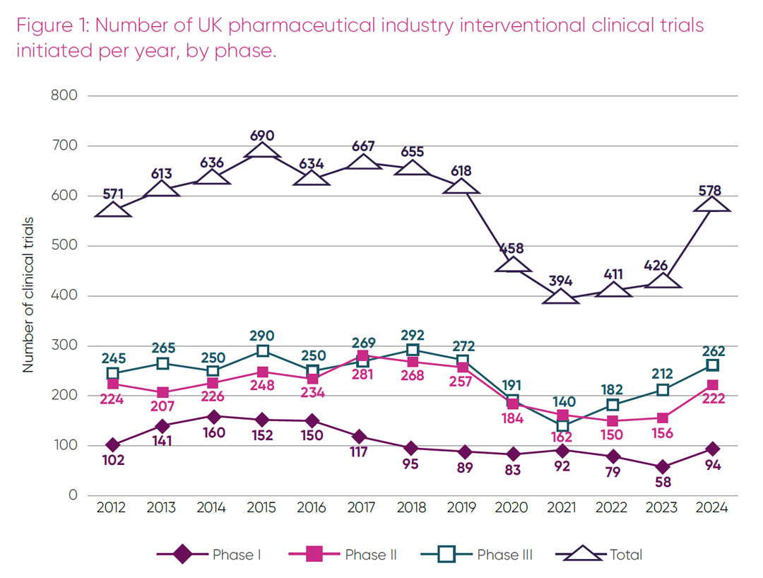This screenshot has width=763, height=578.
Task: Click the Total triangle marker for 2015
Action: (x=261, y=150)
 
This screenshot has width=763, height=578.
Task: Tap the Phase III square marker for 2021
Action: (x=562, y=425)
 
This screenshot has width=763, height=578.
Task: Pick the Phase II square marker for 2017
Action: (x=362, y=355)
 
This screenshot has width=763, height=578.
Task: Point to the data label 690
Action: (x=261, y=136)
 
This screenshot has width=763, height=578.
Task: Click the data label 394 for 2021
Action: (x=562, y=282)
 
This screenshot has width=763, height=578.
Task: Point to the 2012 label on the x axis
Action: (x=112, y=507)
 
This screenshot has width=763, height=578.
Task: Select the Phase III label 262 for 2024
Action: (x=712, y=351)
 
